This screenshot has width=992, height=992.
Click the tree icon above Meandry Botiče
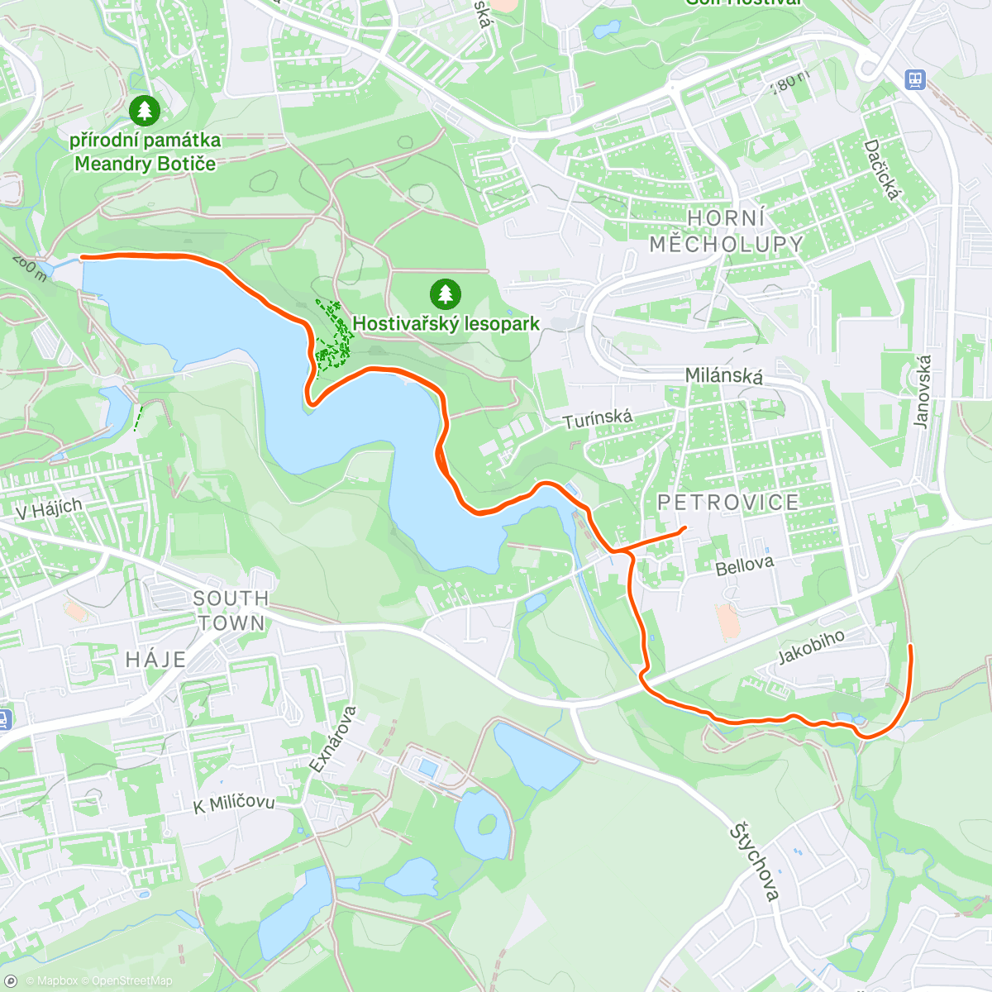145,109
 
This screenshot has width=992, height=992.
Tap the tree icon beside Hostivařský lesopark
446,293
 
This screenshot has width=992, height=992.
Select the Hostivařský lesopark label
446,324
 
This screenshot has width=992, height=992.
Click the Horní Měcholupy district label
726,231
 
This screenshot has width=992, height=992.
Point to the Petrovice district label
728,503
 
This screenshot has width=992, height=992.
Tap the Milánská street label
724,376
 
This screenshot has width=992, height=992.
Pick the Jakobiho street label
812,646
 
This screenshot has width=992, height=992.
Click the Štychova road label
755,862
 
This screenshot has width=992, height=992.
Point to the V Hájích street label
50,508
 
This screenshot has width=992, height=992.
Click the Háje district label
155,660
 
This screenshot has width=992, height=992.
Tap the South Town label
231,610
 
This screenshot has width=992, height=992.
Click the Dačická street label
881,169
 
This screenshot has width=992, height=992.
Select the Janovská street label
923,391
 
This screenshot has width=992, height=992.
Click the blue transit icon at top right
914,79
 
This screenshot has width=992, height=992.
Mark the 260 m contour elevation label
29,268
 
